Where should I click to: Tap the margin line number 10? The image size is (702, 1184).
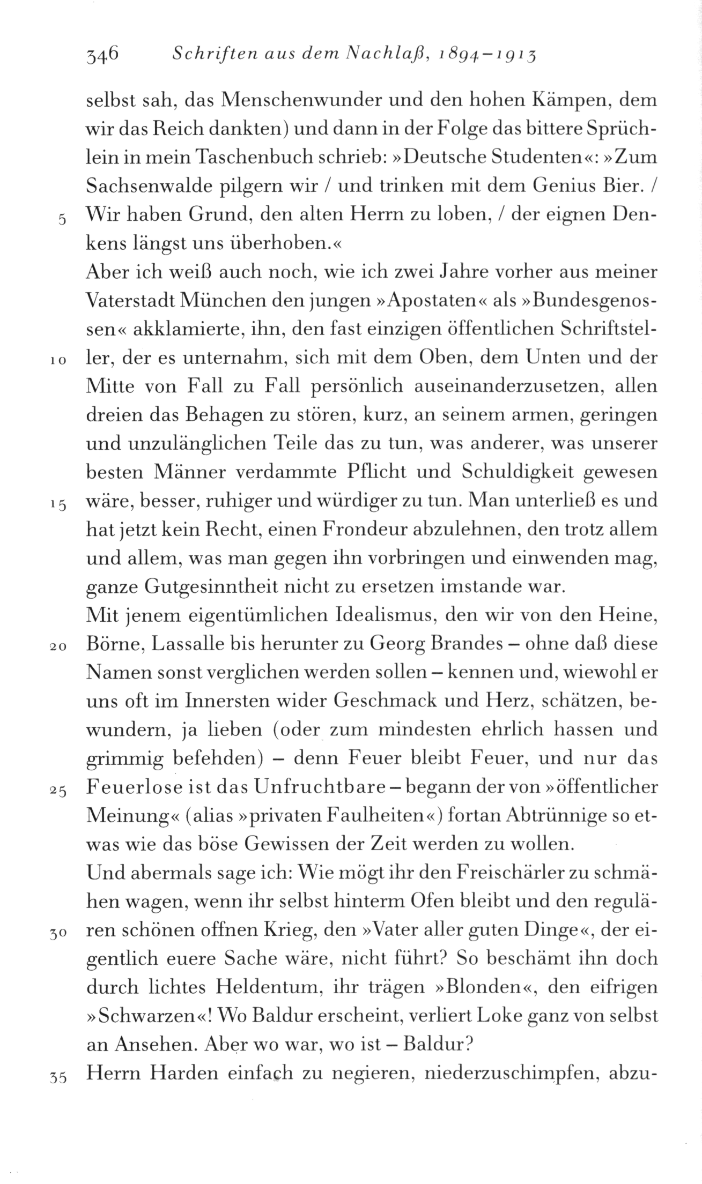coord(60,362)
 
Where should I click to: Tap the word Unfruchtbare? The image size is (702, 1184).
coord(321,788)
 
